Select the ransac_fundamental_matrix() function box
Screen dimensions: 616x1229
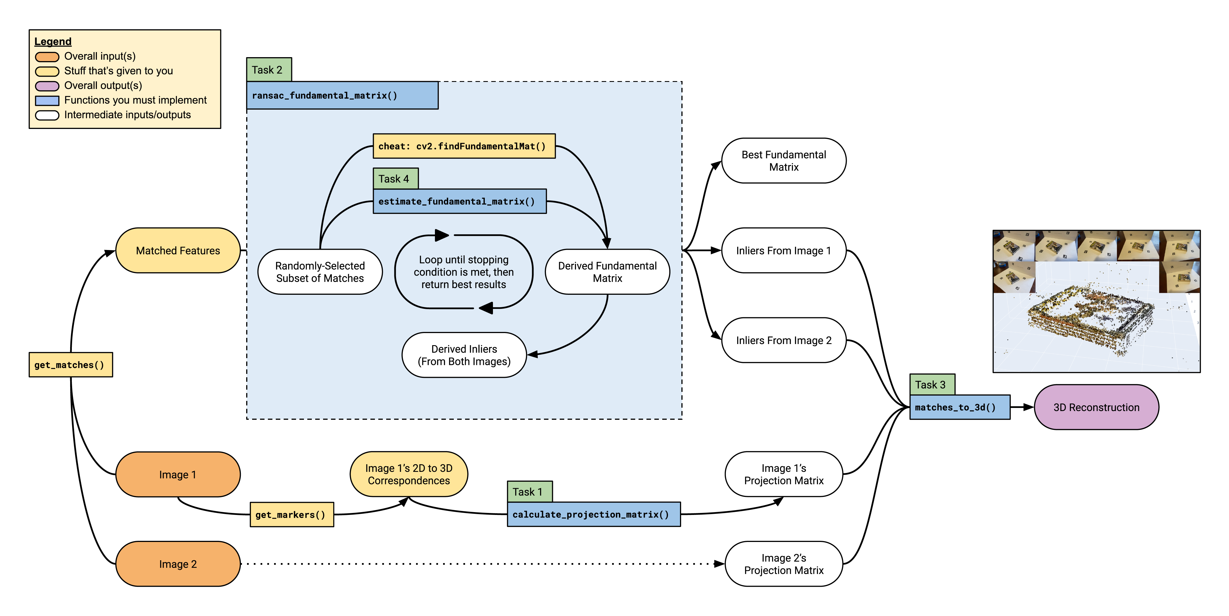(x=342, y=95)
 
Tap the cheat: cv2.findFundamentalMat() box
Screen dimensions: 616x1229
(x=464, y=146)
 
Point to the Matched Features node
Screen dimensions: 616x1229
(x=178, y=250)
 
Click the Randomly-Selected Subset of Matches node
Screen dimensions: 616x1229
(x=320, y=272)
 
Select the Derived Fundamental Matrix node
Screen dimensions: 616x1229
(x=607, y=272)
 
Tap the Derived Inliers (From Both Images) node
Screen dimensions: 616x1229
(x=464, y=355)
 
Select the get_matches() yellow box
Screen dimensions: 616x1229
(x=71, y=365)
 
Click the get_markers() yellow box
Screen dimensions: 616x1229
(x=292, y=514)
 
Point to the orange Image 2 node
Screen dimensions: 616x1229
(x=178, y=564)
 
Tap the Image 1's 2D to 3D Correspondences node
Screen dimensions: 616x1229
(x=409, y=474)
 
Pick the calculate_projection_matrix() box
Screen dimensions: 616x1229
(x=594, y=514)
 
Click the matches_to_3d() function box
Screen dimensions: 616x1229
(x=959, y=407)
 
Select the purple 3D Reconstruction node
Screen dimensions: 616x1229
(x=1096, y=407)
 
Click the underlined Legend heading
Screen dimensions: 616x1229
(x=53, y=41)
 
